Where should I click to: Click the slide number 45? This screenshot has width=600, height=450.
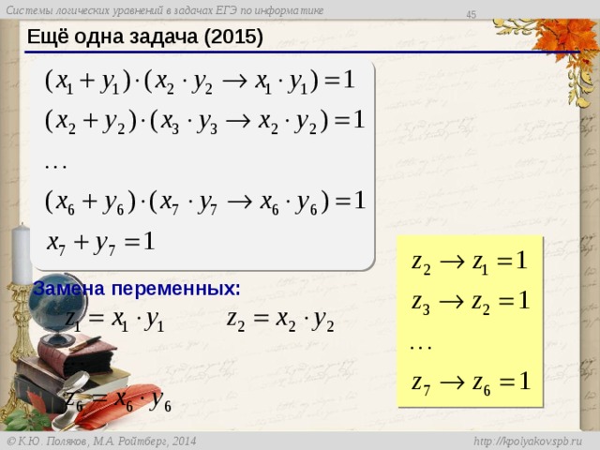click(x=472, y=12)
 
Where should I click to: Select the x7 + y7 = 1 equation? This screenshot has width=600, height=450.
click(x=101, y=241)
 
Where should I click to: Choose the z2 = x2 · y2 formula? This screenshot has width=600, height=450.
click(x=280, y=320)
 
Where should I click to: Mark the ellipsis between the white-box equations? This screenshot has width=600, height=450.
click(x=55, y=161)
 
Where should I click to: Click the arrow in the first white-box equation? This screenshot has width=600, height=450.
click(x=233, y=82)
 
